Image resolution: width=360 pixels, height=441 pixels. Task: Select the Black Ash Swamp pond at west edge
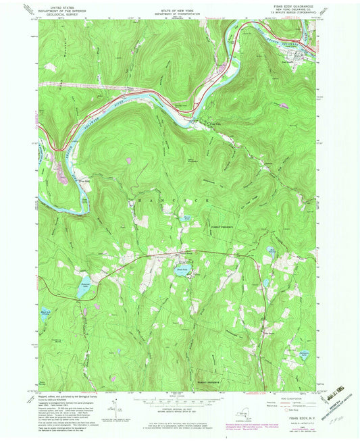(x=46, y=313)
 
